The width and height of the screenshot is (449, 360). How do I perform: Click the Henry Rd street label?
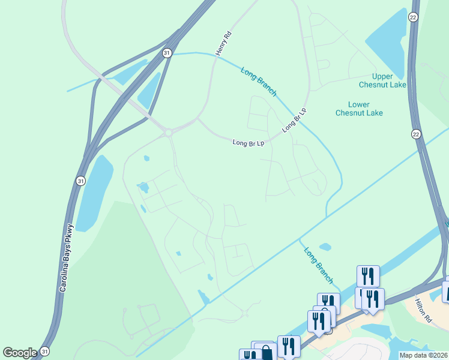(223, 44)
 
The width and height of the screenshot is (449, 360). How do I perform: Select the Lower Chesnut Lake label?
(359, 109)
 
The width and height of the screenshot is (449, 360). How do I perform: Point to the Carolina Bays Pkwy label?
(67, 259)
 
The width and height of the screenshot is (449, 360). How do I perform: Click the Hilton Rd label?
(424, 311)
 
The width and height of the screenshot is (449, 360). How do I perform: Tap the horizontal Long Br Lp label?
(249, 143)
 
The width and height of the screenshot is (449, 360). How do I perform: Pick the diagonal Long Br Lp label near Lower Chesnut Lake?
(294, 120)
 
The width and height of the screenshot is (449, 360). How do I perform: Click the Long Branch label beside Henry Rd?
(259, 81)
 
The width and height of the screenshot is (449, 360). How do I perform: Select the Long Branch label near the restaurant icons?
(318, 265)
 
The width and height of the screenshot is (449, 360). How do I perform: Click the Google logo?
(20, 353)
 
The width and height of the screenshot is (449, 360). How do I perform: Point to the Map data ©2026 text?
(424, 355)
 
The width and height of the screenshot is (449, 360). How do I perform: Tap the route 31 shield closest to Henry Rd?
(167, 53)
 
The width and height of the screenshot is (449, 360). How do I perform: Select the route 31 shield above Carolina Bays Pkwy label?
(81, 180)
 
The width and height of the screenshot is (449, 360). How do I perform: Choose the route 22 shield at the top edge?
(414, 17)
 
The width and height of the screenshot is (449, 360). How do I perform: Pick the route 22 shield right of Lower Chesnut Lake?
(415, 134)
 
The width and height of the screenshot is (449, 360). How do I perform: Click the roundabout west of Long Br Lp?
(167, 132)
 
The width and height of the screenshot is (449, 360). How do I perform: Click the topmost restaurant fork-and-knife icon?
(368, 276)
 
